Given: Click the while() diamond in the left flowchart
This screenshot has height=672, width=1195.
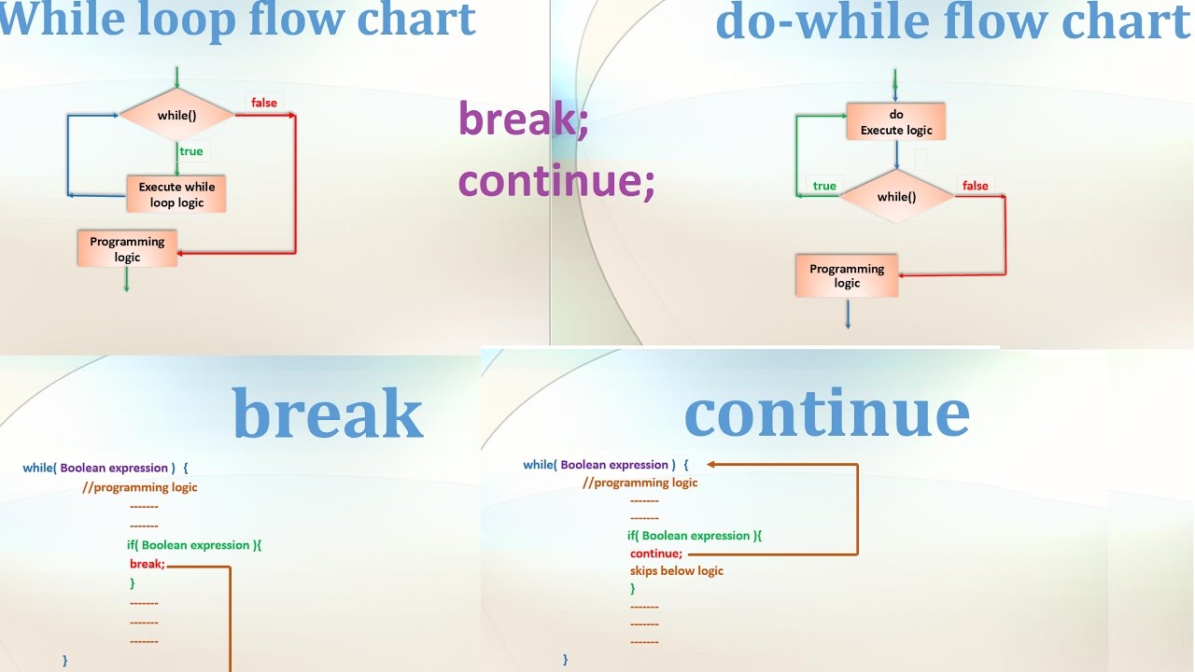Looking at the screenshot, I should click(176, 115).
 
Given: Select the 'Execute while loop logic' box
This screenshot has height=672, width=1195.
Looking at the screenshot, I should click(176, 194).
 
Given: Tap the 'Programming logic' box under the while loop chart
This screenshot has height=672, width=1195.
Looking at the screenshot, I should click(127, 249).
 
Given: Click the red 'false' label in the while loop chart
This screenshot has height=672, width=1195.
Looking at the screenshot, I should click(264, 103).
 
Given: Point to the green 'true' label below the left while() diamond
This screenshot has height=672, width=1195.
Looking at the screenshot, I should click(190, 151).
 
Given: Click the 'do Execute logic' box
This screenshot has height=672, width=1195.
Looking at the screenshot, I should click(896, 122).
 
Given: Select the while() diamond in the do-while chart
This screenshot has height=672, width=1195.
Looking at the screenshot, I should click(896, 197).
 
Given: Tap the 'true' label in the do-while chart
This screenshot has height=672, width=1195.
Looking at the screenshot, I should click(824, 186).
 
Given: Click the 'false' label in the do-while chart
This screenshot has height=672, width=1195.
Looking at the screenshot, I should click(975, 186).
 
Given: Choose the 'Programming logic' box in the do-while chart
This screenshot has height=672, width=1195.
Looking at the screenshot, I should click(847, 275).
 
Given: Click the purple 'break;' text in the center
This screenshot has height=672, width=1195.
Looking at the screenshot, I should click(523, 119).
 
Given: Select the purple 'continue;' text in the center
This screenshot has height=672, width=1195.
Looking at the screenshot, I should click(556, 179).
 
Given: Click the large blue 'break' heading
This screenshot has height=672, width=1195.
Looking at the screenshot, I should click(328, 413).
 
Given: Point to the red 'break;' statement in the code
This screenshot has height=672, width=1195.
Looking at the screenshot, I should click(148, 564).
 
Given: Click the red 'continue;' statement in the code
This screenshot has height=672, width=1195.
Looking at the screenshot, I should click(656, 553).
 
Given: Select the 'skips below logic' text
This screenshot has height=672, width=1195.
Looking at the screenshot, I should click(677, 571).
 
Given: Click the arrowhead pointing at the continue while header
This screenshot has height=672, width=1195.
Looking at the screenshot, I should click(712, 464).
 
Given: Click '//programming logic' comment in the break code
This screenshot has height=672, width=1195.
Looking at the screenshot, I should click(140, 487).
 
